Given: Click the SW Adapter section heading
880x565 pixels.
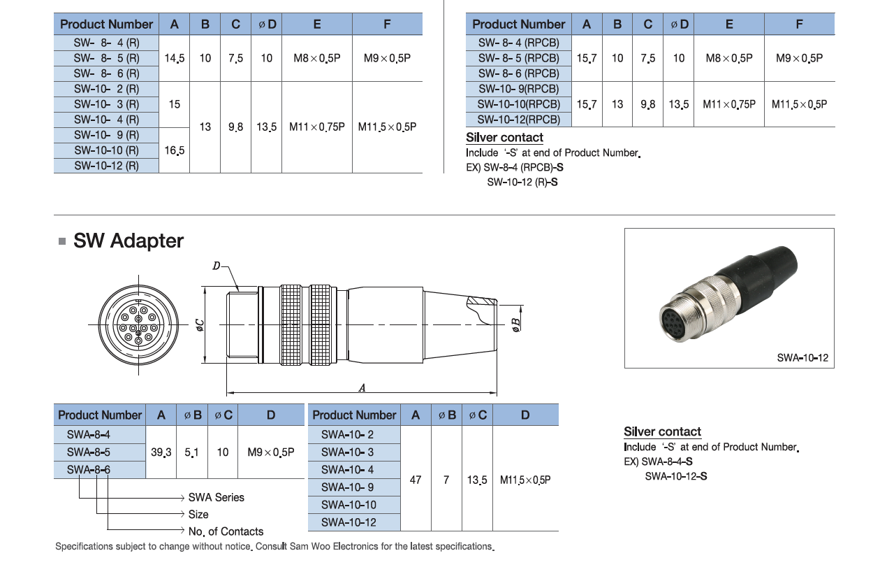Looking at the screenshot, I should point(129,241).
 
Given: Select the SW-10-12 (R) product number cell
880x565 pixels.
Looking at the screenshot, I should point(107,166).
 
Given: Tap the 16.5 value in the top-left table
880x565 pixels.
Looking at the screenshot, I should point(175,150).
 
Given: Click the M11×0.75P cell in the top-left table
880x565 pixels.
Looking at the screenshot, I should point(317,127).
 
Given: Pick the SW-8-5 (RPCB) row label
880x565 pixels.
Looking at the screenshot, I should point(519,58).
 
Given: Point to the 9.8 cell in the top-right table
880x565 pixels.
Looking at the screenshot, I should point(648,104).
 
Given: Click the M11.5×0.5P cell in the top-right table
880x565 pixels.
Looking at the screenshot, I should point(799,104).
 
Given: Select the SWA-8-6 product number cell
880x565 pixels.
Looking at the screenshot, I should point(89,470).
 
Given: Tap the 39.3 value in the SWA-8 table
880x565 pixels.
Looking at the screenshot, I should point(161,452).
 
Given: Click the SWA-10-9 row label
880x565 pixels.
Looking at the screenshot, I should point(348,487).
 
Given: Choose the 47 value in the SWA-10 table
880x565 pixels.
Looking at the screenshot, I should point(416,480).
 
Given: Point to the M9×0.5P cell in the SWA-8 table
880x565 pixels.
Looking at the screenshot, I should point(271,452).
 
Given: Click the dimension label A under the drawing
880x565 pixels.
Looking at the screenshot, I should point(362,388).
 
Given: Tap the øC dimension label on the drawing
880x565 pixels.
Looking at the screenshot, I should point(199,325).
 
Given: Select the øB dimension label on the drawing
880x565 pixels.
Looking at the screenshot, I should point(516,324).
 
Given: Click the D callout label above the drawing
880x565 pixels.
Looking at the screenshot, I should point(217,266).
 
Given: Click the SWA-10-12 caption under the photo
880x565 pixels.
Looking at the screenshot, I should point(802,358).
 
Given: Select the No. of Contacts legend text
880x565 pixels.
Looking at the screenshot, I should point(226,531).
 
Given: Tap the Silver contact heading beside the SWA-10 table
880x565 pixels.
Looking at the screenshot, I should point(662,432).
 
